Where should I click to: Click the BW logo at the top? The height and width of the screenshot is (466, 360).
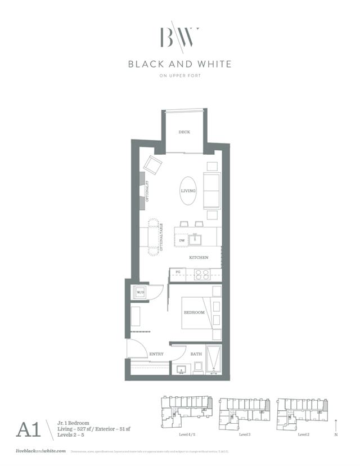coord(179,37)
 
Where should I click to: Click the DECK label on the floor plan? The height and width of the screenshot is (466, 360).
coord(184,132)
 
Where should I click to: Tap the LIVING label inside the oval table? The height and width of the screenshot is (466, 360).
coord(188,191)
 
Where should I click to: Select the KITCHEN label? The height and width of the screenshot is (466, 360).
coord(199,257)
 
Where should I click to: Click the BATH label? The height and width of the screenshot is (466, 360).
coord(196,354)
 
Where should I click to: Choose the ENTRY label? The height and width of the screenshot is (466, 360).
coord(156,354)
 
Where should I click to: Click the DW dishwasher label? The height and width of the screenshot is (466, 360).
coord(182,241)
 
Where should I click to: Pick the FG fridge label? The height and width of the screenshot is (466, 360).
coord(178,272)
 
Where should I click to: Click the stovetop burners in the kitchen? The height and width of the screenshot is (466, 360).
coord(202,274)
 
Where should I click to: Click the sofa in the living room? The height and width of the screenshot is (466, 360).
coord(211,191)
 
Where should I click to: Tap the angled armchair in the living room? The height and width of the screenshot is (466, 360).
coord(152,164)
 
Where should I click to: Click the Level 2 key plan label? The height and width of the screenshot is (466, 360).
coord(304,435)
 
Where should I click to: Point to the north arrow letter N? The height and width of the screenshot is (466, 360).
coord(336,435)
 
